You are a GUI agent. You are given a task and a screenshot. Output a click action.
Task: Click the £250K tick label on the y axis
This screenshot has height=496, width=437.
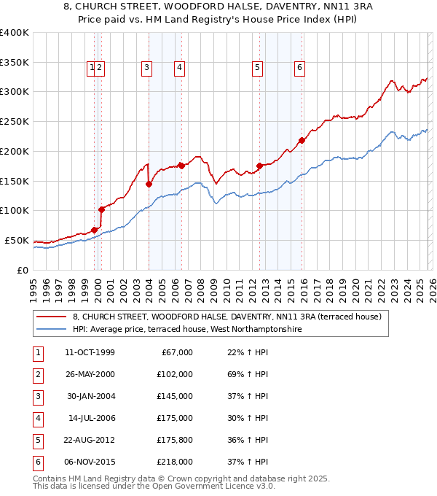[15, 121]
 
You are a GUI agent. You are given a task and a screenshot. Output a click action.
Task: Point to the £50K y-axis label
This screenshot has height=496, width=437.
[17, 240]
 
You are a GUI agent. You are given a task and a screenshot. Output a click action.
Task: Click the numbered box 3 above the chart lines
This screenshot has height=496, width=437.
[147, 68]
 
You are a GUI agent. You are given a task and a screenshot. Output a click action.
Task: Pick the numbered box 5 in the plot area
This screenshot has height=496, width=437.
[258, 68]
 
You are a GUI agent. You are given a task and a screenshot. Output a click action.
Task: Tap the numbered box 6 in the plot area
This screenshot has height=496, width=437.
[299, 68]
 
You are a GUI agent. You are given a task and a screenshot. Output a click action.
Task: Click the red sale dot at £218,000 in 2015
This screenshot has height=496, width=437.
[302, 140]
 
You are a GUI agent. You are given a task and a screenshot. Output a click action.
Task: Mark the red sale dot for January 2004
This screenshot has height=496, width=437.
[149, 184]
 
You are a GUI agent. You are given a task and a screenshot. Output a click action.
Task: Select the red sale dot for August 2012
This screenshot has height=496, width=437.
[259, 166]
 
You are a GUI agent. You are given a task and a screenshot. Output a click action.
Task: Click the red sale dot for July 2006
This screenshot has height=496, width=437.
[181, 166]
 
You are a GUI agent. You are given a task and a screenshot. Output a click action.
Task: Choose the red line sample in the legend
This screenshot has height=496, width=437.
[50, 317]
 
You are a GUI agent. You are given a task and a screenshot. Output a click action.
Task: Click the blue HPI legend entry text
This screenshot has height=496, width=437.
[186, 330]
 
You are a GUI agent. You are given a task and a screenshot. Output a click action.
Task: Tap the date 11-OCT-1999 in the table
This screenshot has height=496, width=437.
[90, 352]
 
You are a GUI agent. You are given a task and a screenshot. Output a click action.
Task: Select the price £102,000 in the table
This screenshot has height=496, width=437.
[175, 374]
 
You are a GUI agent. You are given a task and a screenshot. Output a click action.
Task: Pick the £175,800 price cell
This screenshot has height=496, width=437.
[175, 440]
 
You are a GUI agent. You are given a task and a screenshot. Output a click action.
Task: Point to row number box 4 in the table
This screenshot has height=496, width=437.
[36, 418]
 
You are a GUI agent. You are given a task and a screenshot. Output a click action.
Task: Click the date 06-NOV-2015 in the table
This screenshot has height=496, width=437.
[90, 462]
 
